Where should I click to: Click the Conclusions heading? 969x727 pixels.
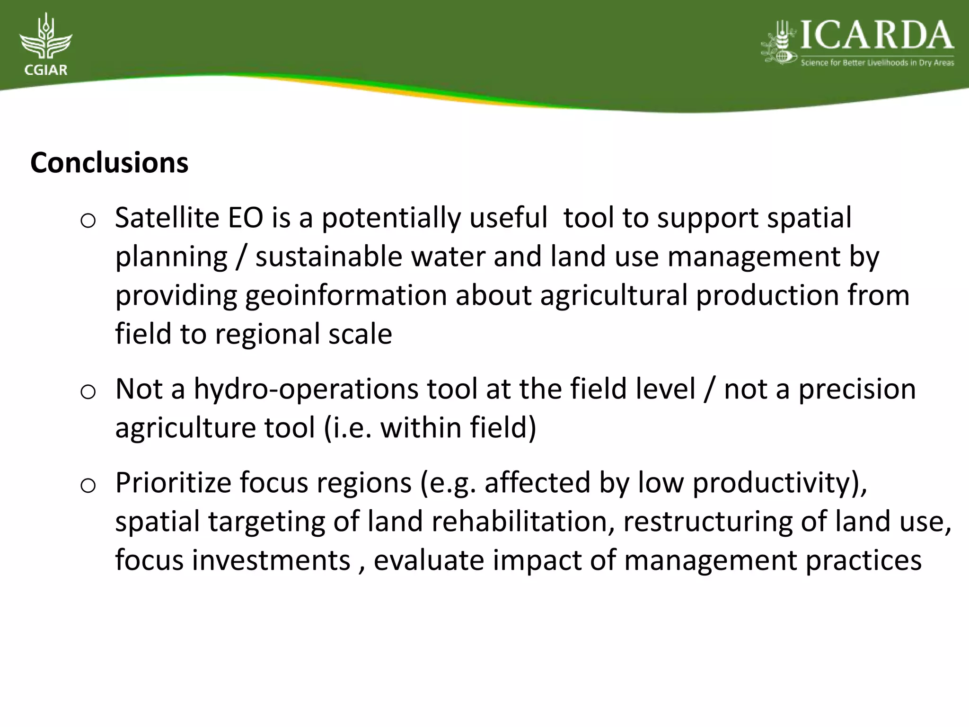[109, 163]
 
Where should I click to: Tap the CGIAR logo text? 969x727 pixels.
[45, 71]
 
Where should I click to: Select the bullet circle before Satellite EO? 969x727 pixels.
[88, 221]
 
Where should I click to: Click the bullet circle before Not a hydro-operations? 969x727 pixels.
[88, 392]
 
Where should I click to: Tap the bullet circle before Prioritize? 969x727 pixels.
[88, 486]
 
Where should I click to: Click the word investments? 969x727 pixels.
[271, 560]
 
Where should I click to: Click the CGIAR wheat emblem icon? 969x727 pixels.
[46, 38]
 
